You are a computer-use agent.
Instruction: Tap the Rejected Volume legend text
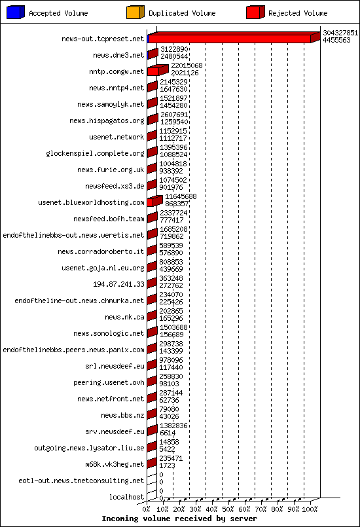point(298,13)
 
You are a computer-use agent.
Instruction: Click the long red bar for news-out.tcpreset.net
point(229,39)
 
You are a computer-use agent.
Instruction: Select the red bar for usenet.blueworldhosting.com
point(153,202)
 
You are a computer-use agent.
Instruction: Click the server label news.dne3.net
point(118,56)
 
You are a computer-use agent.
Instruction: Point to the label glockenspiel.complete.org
point(95,154)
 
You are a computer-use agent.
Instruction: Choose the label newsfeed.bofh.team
point(109,219)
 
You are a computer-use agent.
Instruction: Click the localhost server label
point(126,498)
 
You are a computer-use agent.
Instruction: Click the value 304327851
point(340,33)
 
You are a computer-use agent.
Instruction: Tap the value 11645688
point(181,196)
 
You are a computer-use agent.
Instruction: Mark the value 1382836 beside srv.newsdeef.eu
point(173,426)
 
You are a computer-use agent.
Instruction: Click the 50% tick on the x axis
point(228,509)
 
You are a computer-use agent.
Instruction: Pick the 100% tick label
point(310,509)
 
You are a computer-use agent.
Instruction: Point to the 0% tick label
point(147,509)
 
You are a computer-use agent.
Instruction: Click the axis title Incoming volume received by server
point(179,518)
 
